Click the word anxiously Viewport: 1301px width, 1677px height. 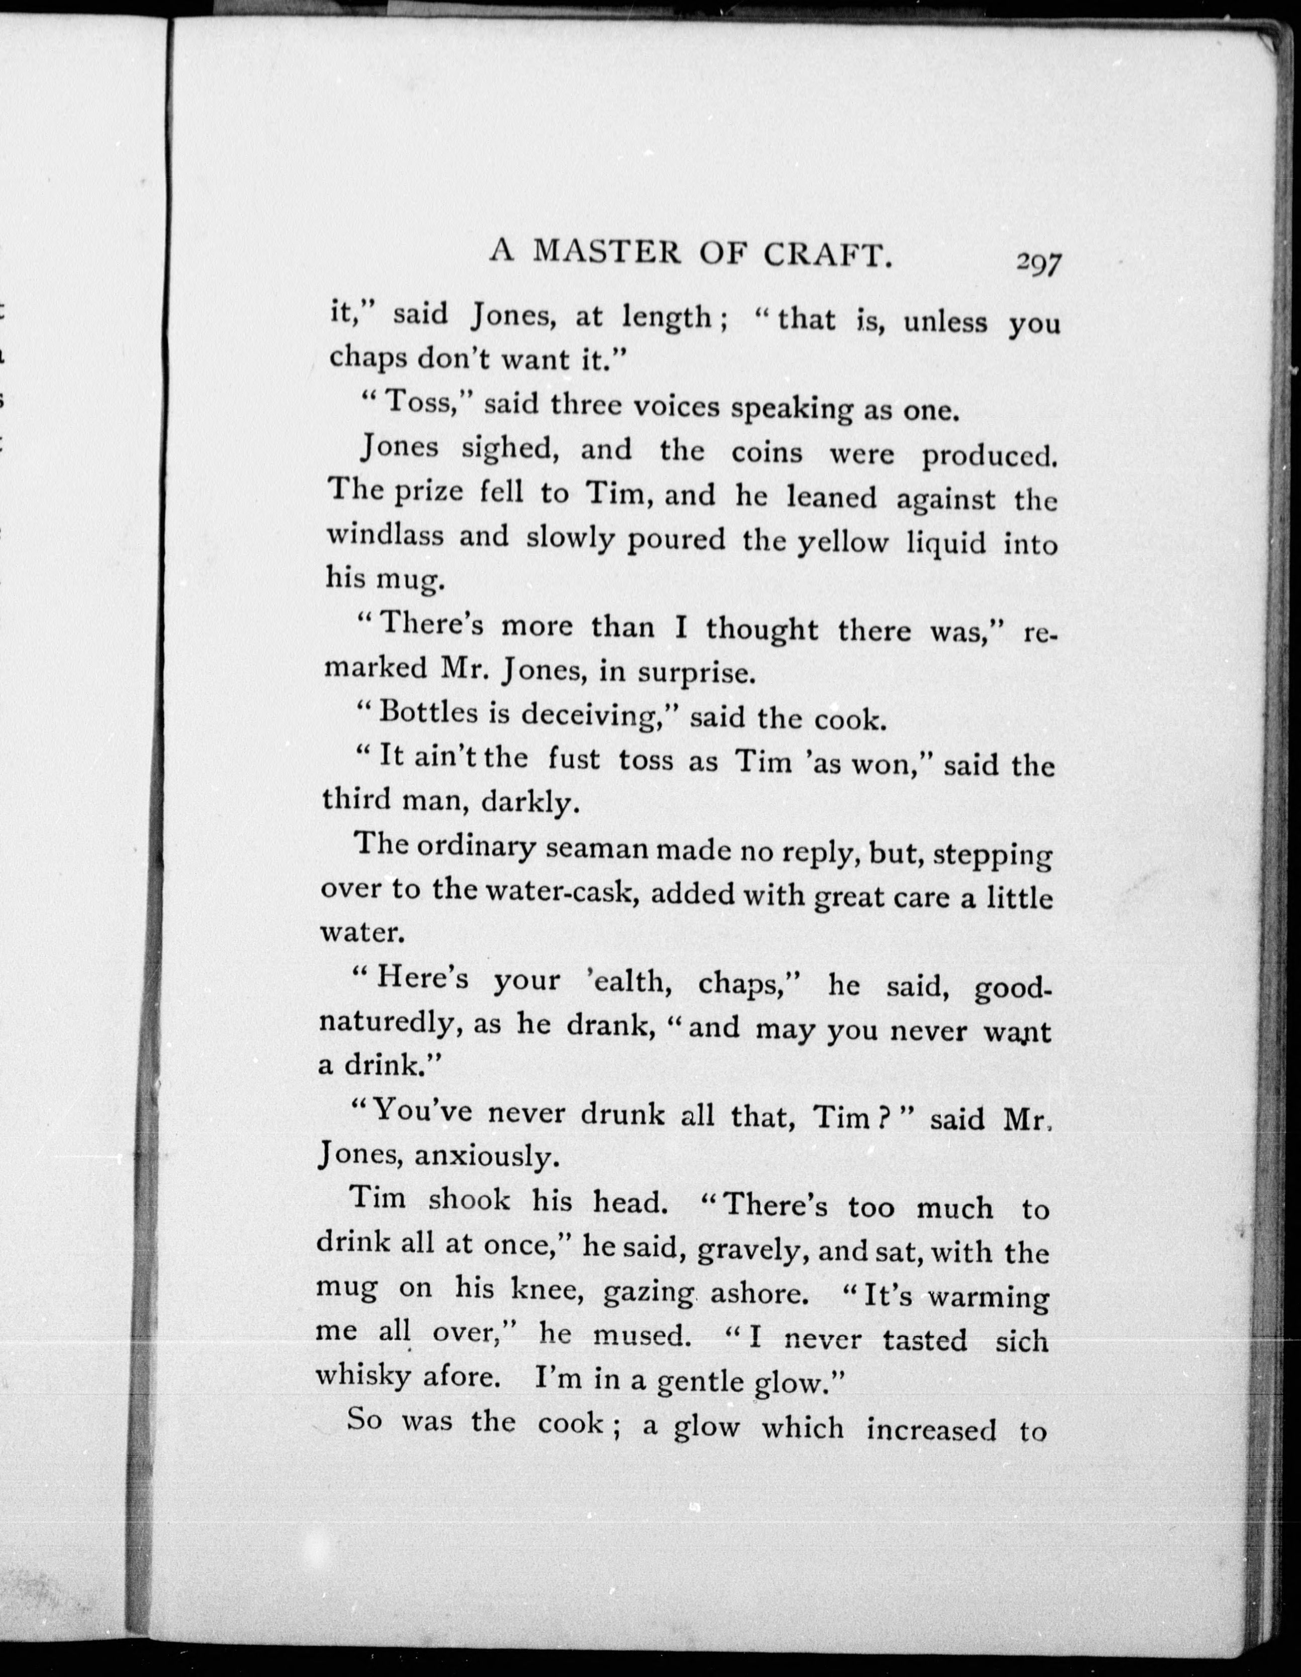484,1157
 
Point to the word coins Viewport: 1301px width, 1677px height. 767,452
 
